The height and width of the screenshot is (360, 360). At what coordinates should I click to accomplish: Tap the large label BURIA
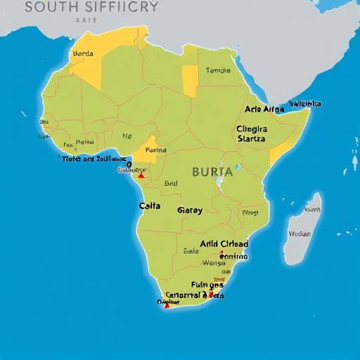coord(212,171)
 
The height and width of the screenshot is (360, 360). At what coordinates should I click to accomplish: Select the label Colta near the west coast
coord(150,207)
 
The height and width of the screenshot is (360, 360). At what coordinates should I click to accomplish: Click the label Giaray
coord(189,210)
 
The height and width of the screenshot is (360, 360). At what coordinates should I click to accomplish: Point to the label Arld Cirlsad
coord(224,244)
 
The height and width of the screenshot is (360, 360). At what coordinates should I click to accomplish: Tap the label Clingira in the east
coord(252,129)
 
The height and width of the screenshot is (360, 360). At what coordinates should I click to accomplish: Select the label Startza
coord(252,139)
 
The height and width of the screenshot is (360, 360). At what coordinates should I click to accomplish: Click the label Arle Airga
coord(264,109)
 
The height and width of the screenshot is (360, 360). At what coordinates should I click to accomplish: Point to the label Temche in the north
coord(218,70)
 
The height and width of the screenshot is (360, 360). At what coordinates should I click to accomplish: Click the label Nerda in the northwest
coord(83,53)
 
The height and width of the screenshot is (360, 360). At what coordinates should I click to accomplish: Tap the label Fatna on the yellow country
coord(155,150)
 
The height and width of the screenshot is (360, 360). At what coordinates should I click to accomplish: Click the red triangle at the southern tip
coord(167,305)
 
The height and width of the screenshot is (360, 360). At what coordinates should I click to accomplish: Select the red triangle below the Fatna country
coord(141,174)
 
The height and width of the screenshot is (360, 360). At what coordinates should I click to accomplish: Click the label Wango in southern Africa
coord(214,264)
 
